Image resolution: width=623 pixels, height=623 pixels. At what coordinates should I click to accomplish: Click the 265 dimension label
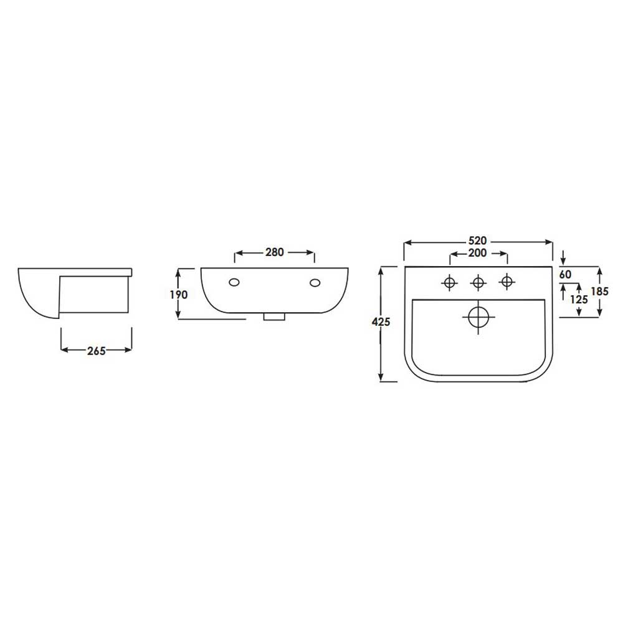(x=97, y=351)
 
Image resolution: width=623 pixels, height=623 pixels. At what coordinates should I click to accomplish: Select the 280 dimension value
(x=275, y=252)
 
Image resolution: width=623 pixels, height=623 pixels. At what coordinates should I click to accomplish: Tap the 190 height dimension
(x=179, y=295)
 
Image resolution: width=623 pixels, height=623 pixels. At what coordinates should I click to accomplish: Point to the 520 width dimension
(x=478, y=240)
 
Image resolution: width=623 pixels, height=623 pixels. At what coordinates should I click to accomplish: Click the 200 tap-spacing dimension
(x=478, y=253)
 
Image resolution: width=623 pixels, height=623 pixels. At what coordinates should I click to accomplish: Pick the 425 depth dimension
(x=381, y=322)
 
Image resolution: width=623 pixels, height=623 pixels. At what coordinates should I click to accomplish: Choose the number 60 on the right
(x=565, y=274)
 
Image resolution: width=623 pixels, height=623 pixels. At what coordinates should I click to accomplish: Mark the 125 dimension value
(x=579, y=299)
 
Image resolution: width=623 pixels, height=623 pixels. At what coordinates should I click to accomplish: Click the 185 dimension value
(x=599, y=291)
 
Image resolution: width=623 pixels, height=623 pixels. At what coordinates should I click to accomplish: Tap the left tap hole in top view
(x=449, y=282)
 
